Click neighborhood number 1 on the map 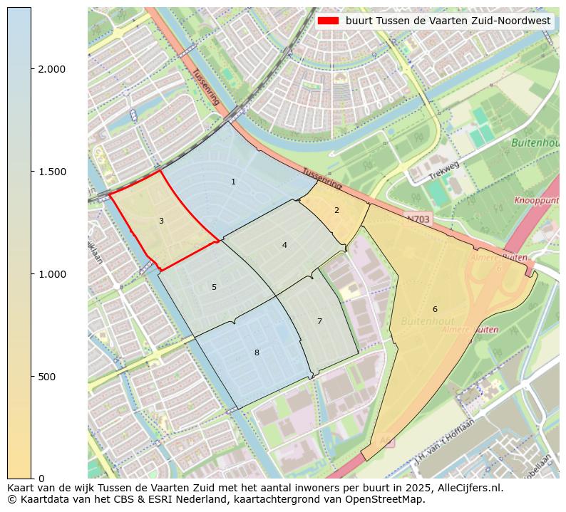coord(233,182)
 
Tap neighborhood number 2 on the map coord(336,210)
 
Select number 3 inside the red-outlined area coord(161,221)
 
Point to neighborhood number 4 coord(284,245)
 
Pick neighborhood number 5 coord(214,287)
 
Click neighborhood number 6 coord(435,309)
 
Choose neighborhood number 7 coord(319,321)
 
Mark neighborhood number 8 coord(257,352)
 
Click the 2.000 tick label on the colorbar coord(52,69)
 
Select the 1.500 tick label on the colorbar coord(52,172)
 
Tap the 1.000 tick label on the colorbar coord(52,274)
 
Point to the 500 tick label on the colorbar coord(47,377)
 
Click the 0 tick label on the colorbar coord(41,479)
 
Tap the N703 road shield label coord(418,216)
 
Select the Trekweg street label coord(444,171)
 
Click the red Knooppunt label coord(538,202)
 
